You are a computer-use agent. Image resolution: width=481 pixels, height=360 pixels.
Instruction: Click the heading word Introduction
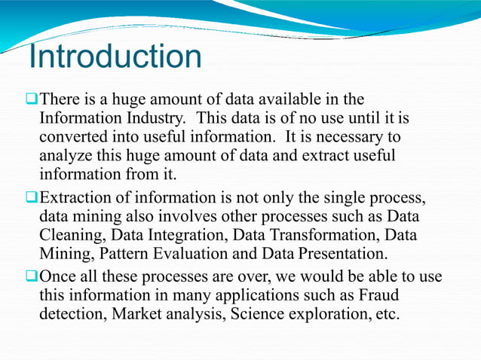[x=115, y=57]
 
